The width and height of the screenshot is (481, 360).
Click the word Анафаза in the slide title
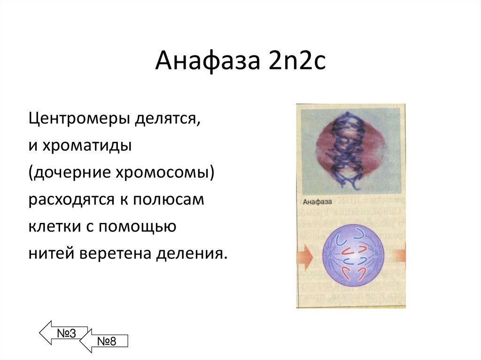207,61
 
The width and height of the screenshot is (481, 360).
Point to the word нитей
51,254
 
